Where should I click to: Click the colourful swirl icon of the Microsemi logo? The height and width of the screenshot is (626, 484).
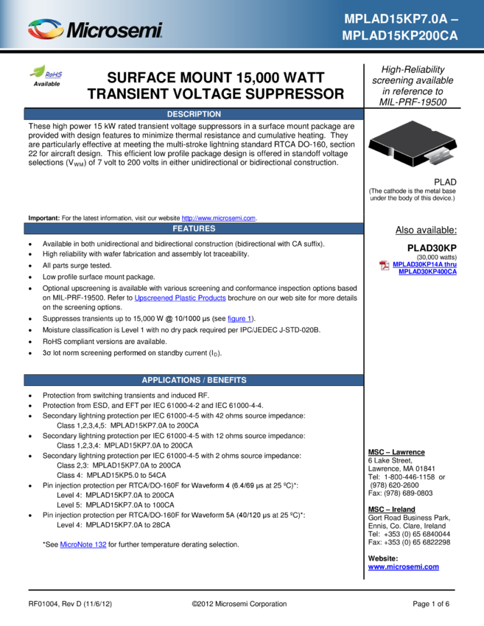(46, 29)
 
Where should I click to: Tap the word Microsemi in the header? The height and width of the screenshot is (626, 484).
(114, 31)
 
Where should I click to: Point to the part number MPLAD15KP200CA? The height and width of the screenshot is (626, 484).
(400, 35)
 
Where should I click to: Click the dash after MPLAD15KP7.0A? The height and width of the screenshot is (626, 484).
(455, 19)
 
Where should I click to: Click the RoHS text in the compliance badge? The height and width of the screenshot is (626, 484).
(54, 74)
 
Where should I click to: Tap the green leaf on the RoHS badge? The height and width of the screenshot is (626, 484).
(36, 69)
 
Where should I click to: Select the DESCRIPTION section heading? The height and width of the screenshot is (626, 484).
(194, 114)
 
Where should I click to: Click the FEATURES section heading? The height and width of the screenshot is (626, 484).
(194, 228)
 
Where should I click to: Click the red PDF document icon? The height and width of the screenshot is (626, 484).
(384, 265)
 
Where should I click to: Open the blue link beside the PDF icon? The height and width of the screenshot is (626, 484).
(425, 267)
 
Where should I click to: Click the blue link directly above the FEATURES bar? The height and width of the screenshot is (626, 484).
(218, 218)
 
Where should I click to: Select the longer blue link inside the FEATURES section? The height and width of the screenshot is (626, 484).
(180, 298)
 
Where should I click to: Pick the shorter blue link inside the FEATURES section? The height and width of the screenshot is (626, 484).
(239, 319)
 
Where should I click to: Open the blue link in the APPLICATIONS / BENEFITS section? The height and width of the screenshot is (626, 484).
(83, 545)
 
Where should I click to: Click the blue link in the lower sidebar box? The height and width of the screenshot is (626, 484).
(404, 568)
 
